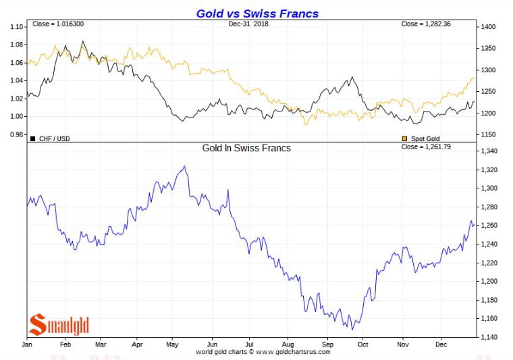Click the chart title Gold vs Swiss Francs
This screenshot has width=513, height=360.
(x=257, y=13)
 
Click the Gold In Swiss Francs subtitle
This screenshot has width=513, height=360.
(x=246, y=147)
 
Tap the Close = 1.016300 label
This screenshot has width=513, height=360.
(x=58, y=24)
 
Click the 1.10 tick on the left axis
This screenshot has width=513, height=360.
(x=16, y=27)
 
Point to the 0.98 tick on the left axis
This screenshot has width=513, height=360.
(x=16, y=134)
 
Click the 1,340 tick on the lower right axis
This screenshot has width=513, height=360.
(x=489, y=151)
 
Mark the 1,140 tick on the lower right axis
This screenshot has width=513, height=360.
(x=489, y=337)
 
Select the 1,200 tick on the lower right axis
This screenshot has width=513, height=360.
(x=489, y=281)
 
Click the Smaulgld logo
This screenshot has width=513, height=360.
(x=59, y=325)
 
